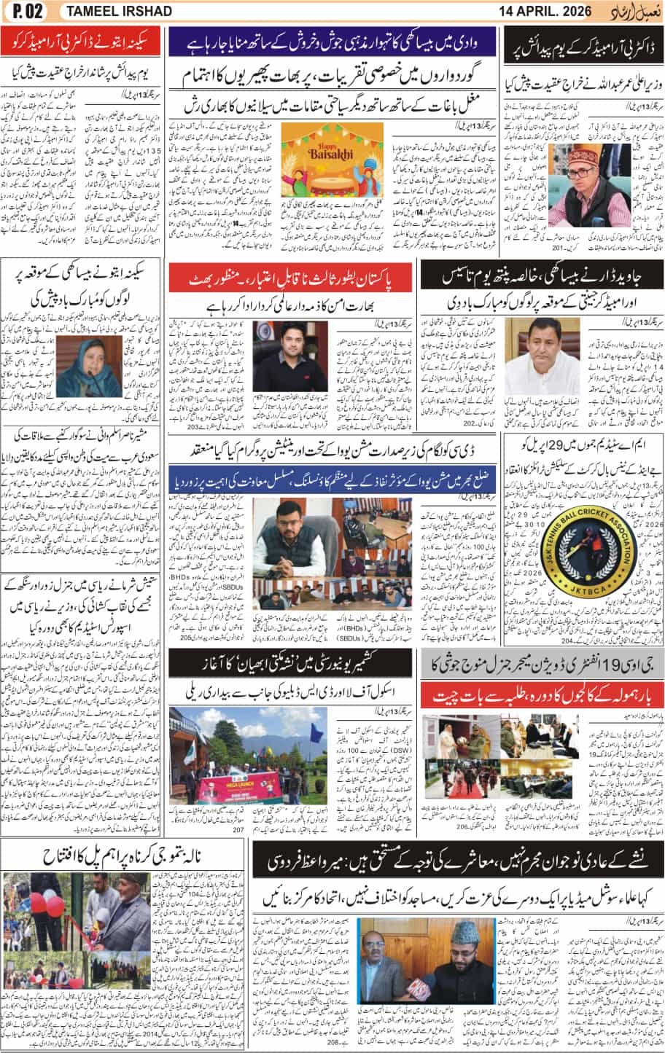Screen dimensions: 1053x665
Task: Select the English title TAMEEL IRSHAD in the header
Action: click(x=118, y=11)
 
